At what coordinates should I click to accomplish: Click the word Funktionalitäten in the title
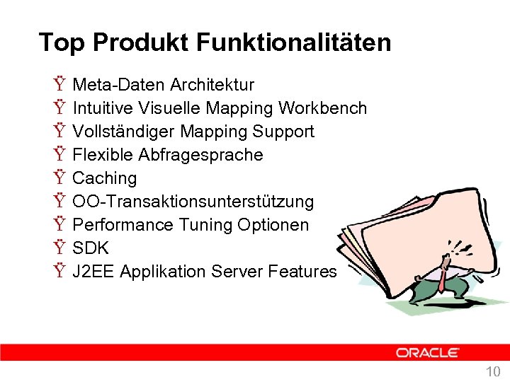[x=293, y=42]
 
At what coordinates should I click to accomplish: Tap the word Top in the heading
[x=62, y=42]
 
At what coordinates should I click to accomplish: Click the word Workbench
[x=323, y=108]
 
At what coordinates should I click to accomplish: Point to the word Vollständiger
[x=124, y=132]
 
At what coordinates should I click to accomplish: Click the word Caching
[x=105, y=178]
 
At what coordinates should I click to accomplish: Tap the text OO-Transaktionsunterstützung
[x=193, y=202]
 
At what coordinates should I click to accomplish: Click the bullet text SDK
[x=91, y=248]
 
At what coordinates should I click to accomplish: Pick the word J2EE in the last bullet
[x=94, y=272]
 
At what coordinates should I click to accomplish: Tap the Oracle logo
[x=427, y=352]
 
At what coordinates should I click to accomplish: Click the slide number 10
[x=493, y=371]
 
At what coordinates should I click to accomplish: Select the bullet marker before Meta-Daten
[x=57, y=85]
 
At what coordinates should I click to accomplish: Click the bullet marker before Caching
[x=57, y=178]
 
